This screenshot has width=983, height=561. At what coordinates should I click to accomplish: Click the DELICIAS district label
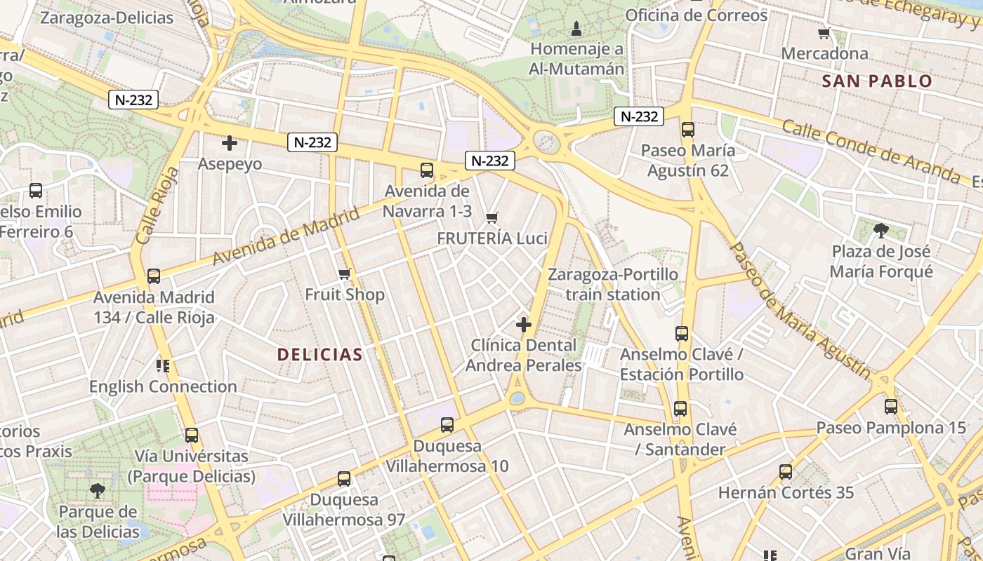319,355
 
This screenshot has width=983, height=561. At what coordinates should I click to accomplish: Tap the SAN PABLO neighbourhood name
877,81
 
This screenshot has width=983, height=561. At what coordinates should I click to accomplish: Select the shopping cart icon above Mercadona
824,33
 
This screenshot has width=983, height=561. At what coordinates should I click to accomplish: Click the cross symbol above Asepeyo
229,144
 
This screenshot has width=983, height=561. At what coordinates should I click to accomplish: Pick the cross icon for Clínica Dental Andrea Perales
523,325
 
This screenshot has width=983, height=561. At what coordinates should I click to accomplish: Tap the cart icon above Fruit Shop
344,273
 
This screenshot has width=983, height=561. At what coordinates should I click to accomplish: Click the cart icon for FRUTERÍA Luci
491,218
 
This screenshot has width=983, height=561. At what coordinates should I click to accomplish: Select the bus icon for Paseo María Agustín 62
687,130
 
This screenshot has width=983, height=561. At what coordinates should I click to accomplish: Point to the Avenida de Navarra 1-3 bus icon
426,170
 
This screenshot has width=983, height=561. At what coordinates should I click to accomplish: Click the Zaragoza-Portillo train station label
613,284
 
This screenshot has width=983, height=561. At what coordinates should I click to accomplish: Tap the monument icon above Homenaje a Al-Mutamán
576,29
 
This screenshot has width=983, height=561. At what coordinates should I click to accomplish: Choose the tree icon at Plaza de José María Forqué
880,230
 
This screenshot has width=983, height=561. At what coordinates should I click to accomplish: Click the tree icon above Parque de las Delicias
98,490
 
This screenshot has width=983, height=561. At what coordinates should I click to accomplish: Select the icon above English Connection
163,365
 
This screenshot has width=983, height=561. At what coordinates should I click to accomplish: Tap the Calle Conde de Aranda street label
871,151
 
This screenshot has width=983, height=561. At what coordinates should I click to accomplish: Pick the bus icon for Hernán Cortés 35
785,472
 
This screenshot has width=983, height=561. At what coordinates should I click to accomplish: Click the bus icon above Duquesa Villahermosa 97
343,479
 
